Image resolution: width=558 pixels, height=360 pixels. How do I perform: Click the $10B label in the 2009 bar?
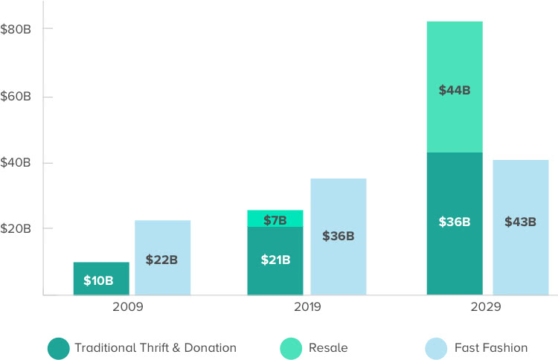[x=98, y=280]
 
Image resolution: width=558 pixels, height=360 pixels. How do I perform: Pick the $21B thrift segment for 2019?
[x=275, y=260]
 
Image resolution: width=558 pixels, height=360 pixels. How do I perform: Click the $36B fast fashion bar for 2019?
[x=338, y=237]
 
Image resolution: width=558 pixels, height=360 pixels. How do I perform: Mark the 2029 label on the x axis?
[x=487, y=306]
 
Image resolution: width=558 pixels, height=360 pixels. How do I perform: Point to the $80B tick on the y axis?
[x=15, y=29]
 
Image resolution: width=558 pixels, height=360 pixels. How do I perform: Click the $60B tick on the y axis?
[x=15, y=97]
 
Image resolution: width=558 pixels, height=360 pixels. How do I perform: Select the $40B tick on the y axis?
[x=15, y=163]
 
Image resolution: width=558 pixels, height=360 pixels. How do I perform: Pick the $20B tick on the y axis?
[x=15, y=228]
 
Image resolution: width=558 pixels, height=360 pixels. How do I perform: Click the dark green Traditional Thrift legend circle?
[x=58, y=347]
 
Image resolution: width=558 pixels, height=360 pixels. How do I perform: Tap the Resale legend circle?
[x=292, y=347]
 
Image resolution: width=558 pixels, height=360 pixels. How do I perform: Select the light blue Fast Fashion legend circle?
[x=435, y=347]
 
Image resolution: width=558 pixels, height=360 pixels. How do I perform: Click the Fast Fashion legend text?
[x=493, y=347]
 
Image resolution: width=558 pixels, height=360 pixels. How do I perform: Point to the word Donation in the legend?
[x=211, y=347]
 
